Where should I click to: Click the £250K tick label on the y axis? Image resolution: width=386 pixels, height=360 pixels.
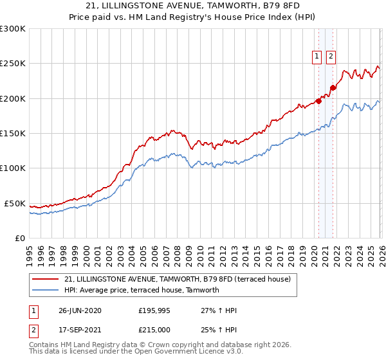[x=13, y=64]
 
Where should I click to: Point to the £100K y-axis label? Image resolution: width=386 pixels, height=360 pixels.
[x=13, y=168]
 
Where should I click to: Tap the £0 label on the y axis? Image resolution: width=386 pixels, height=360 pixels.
[x=19, y=238]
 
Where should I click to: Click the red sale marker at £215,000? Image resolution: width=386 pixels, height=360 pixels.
[x=333, y=88]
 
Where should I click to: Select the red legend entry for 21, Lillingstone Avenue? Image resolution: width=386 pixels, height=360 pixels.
[x=178, y=279]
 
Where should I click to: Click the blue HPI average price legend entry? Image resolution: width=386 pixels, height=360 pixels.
[x=142, y=290]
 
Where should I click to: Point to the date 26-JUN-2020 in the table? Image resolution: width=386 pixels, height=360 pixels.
[x=80, y=310]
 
